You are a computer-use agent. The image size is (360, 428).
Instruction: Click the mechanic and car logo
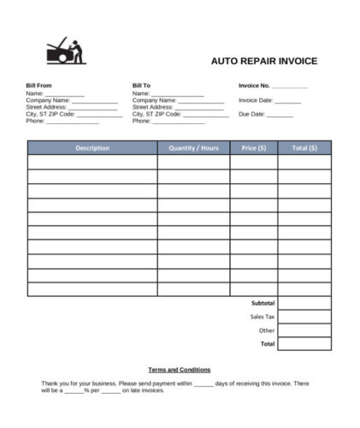point(65,51)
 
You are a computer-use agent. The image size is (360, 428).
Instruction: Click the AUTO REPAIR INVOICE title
point(264,61)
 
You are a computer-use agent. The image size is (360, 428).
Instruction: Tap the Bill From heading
point(39,86)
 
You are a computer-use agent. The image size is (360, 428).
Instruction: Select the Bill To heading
point(141,86)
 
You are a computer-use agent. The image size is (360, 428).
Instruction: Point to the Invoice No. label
point(255,86)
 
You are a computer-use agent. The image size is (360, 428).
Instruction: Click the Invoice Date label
point(256,100)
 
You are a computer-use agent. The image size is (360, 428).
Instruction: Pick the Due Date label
point(251,114)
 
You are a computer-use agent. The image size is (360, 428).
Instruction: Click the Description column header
point(92,148)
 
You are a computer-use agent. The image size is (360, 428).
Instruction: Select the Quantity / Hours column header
point(193,148)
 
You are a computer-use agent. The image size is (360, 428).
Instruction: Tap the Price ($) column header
point(253,148)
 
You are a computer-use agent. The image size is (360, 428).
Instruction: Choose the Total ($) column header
point(304,148)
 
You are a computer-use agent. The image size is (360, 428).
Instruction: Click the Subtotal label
point(263,303)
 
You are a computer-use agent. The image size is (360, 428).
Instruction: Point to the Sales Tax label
point(263,317)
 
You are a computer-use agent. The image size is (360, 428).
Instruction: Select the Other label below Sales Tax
point(267,330)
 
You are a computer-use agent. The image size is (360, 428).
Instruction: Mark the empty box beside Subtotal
point(304,303)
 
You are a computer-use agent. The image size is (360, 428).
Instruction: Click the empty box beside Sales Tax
point(304,317)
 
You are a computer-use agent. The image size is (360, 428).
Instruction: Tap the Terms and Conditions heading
point(180,369)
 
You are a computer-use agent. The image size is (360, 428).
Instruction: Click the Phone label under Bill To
point(142,121)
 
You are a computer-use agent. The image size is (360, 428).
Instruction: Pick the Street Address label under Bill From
point(46,107)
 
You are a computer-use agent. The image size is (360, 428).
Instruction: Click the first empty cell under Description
point(92,162)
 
